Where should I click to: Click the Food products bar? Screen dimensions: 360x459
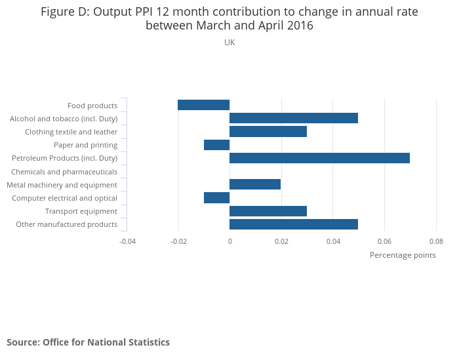(x=203, y=105)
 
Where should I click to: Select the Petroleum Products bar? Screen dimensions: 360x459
(x=319, y=158)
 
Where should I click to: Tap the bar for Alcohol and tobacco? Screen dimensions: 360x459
(x=294, y=118)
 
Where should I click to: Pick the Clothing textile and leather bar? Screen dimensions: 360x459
(x=268, y=131)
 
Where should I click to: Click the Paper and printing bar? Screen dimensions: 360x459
(x=216, y=145)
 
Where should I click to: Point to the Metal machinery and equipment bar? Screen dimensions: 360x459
(x=255, y=184)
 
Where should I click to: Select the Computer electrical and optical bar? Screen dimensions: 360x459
(x=216, y=197)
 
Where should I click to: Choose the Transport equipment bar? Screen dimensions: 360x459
(x=268, y=211)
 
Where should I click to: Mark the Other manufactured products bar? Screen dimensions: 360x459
(x=294, y=224)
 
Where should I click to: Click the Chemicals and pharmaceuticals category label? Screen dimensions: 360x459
(x=64, y=172)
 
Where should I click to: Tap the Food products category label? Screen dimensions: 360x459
(x=92, y=106)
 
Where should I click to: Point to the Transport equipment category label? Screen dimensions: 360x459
(x=81, y=211)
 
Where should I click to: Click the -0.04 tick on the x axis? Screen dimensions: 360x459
(x=127, y=241)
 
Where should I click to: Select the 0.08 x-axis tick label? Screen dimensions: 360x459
(x=436, y=241)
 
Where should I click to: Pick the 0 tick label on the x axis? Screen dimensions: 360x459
(x=229, y=241)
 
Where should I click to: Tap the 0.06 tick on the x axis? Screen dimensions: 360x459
(x=384, y=241)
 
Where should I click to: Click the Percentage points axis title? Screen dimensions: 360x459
(x=403, y=255)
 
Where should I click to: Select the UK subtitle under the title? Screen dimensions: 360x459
(x=229, y=43)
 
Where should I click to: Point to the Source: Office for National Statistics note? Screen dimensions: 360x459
(x=88, y=342)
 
